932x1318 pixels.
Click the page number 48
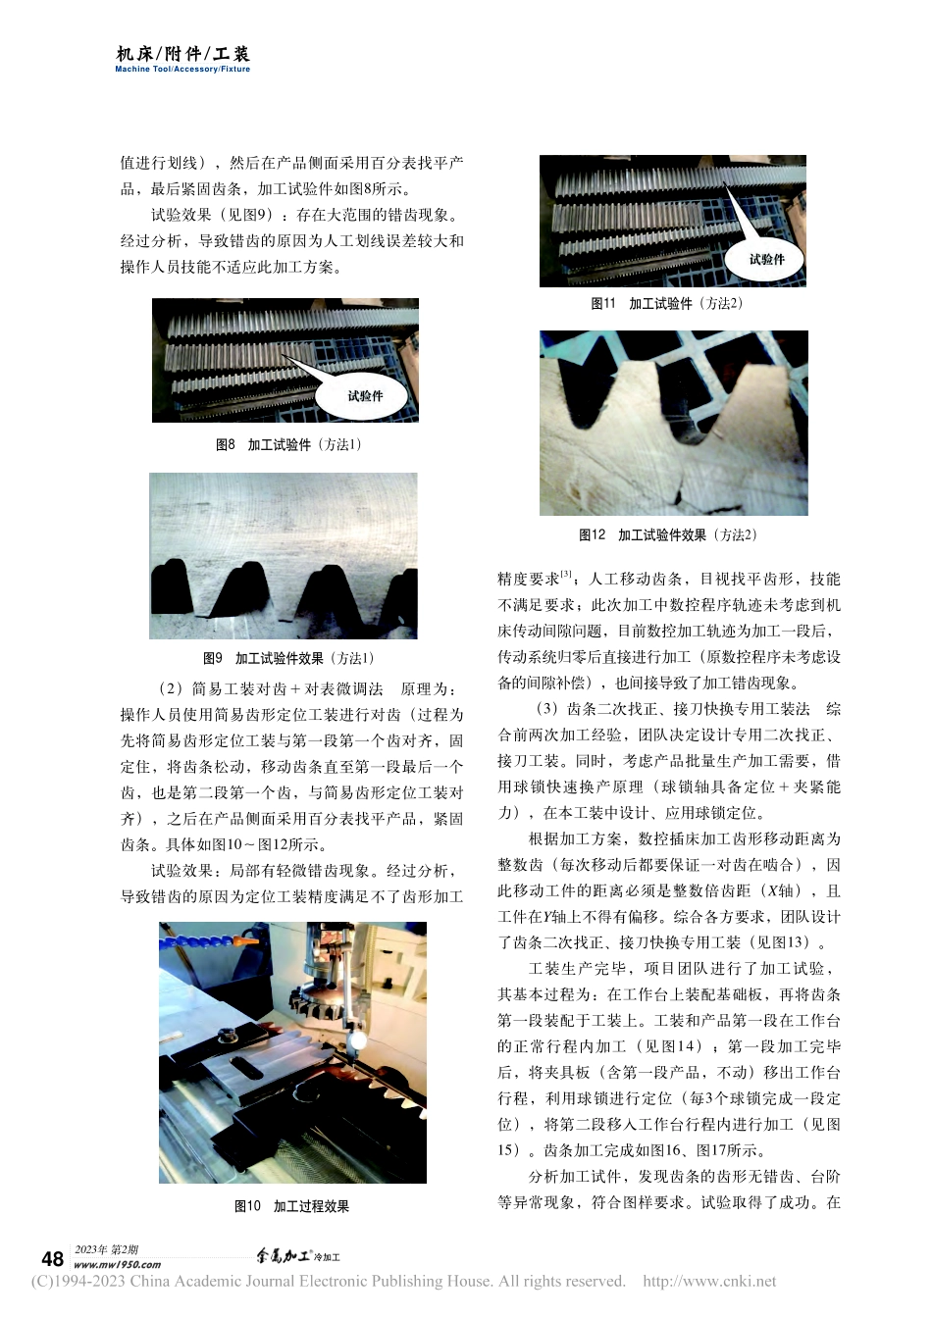52,1259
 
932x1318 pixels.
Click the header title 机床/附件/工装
183,54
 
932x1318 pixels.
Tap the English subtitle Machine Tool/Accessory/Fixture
182,70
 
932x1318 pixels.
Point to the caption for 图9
288,658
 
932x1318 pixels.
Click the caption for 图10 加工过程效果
291,1206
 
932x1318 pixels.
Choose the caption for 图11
666,304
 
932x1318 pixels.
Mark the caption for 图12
668,535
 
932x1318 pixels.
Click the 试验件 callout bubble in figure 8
364,395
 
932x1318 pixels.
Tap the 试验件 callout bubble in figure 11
766,259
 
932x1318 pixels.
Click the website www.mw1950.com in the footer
118,1265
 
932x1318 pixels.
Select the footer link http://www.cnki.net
708,1281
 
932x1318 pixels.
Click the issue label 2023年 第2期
106,1249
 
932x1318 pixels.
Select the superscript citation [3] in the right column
566,575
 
